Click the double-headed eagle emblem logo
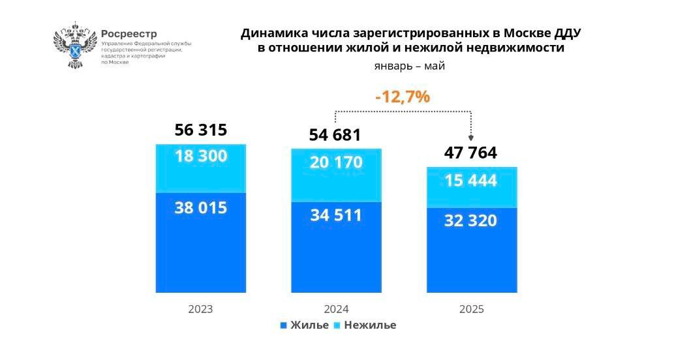tap(75, 45)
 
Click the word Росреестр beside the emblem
tap(129, 34)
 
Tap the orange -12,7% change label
tap(402, 97)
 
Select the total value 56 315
tap(201, 130)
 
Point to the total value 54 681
tap(335, 135)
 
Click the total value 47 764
tap(470, 153)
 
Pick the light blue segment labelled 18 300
tap(201, 168)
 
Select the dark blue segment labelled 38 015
tap(201, 243)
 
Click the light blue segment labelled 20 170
tap(336, 175)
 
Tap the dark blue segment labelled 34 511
tap(336, 248)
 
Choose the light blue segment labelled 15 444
tap(472, 187)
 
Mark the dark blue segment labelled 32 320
tap(472, 250)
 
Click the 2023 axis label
tap(200, 309)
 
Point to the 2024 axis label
tap(336, 309)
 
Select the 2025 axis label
tap(472, 309)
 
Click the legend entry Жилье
tap(305, 325)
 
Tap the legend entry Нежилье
tap(365, 325)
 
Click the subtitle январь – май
tap(410, 66)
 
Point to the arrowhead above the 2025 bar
tap(471, 138)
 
